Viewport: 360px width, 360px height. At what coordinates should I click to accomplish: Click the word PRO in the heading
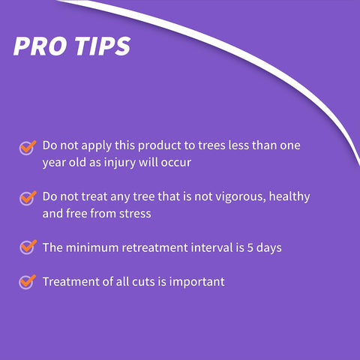tap(40, 46)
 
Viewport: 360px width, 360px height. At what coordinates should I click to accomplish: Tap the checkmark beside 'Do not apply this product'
tap(28, 148)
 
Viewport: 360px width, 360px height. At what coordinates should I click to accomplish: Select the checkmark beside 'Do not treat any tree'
tap(28, 199)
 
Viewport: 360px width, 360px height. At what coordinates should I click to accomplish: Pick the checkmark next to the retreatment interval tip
tap(28, 247)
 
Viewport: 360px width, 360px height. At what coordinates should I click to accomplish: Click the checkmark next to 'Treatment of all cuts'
tap(28, 282)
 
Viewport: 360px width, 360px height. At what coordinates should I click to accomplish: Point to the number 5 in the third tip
tap(250, 247)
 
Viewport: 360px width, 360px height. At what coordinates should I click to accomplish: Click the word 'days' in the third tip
tap(269, 248)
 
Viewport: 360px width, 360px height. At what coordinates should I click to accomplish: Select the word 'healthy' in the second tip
tap(289, 197)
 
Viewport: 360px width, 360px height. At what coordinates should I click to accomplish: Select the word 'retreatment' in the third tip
tap(154, 248)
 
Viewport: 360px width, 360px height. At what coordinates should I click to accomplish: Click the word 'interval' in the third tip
tap(212, 247)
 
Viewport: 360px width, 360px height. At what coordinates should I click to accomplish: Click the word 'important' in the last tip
tap(197, 283)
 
